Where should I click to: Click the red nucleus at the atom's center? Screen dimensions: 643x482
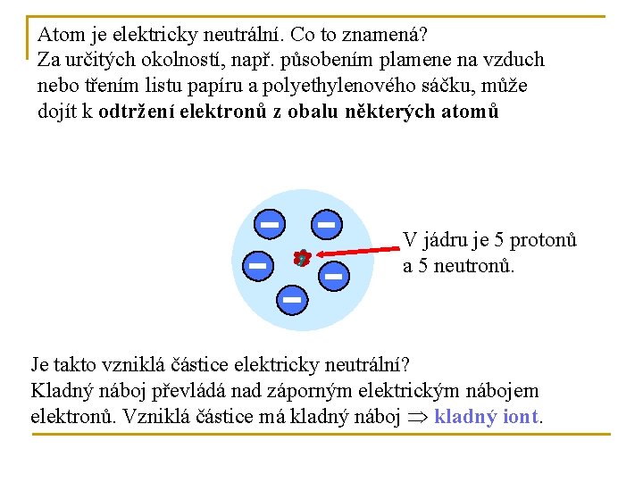click(x=302, y=259)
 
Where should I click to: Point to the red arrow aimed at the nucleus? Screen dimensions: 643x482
click(x=353, y=250)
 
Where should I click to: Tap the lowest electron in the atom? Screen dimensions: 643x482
click(x=291, y=301)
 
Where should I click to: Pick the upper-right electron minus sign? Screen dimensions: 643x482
click(x=326, y=223)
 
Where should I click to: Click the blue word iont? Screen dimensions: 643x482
click(x=522, y=417)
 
